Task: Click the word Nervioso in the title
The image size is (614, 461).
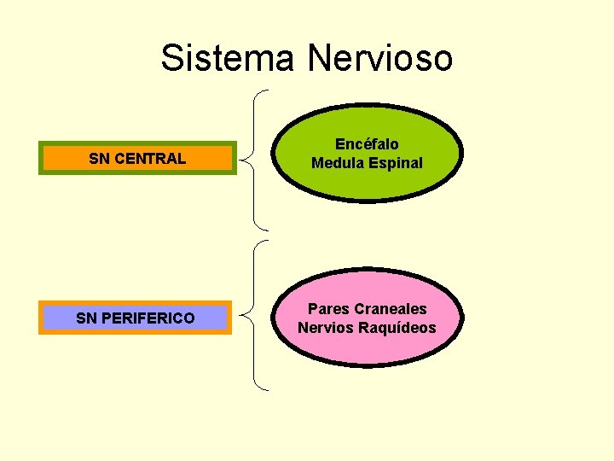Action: tap(379, 58)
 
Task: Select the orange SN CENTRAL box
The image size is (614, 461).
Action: tap(137, 158)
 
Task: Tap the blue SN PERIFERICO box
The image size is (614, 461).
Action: tap(135, 318)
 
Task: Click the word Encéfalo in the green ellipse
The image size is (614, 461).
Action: tap(367, 144)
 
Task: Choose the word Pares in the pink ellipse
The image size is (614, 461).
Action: tap(326, 309)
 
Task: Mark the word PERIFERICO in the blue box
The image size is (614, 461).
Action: tap(148, 318)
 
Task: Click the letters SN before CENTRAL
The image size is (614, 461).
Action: tap(99, 158)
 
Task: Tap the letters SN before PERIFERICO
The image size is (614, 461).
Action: tap(85, 318)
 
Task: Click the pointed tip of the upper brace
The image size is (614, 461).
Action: tap(243, 159)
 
